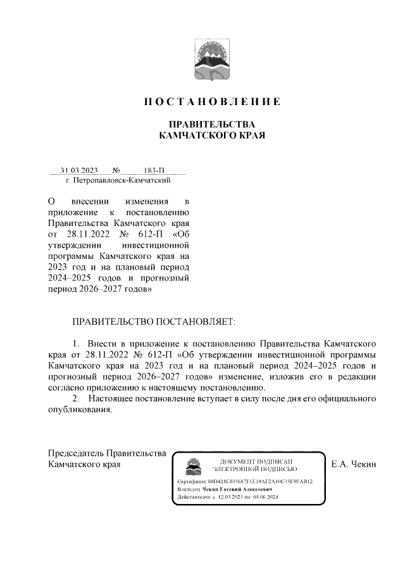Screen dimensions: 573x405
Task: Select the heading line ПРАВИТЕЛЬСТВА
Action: coord(210,124)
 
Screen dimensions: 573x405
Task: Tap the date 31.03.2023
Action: coord(79,170)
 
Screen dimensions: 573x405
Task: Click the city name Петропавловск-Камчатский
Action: coord(119,181)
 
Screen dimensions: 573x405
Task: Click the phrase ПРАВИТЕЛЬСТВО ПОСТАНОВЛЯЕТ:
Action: coord(153,322)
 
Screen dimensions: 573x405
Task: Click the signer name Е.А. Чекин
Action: coord(354,465)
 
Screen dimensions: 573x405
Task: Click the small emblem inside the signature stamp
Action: coord(190,466)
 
